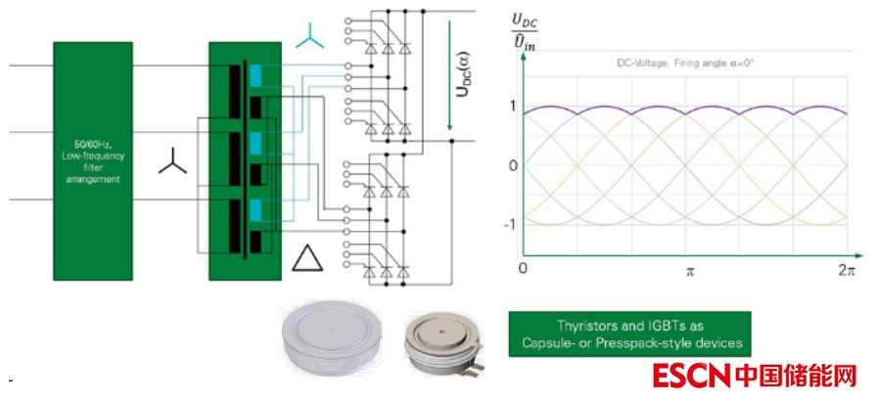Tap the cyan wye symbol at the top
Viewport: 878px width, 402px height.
(x=310, y=37)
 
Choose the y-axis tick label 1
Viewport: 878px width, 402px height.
(x=512, y=108)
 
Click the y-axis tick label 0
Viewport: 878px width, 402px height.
(x=512, y=165)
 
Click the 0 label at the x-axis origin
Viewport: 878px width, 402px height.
(x=523, y=268)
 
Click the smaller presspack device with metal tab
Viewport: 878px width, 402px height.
(x=442, y=345)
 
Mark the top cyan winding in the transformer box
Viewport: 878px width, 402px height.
(x=256, y=75)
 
